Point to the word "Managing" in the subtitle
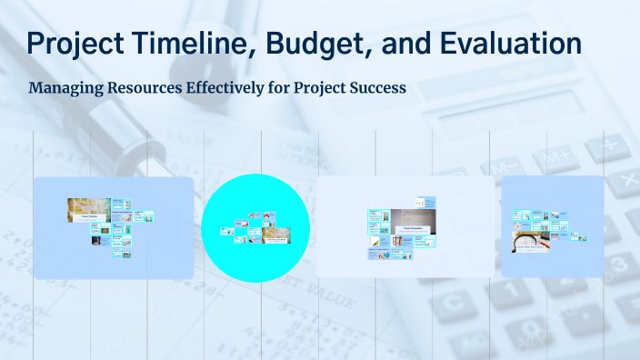[65, 89]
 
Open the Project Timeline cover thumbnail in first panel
[88, 211]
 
